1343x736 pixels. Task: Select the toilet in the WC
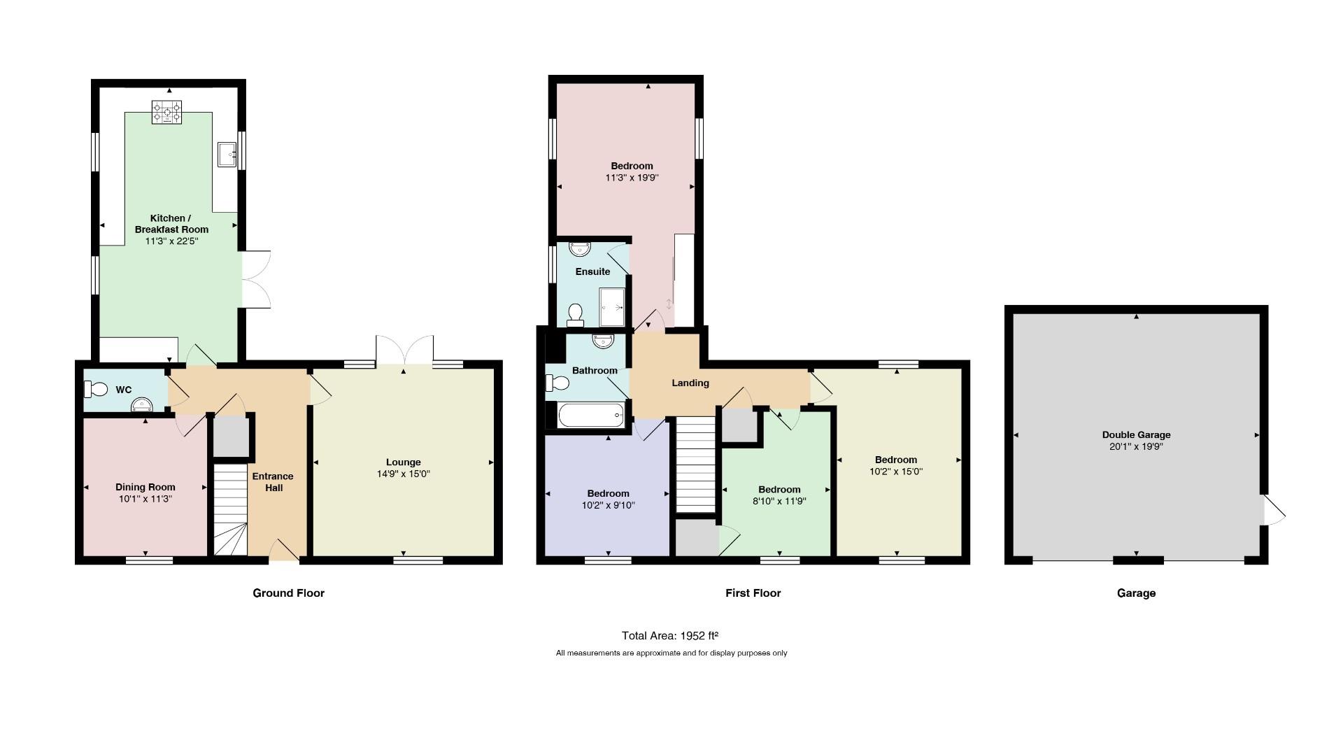[95, 389]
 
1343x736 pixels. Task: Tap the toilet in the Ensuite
[576, 315]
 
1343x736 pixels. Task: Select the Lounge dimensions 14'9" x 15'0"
[404, 474]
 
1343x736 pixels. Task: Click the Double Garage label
[1136, 434]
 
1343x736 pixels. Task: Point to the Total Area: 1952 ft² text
[670, 636]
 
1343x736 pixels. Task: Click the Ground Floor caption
[288, 593]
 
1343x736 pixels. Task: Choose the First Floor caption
[753, 593]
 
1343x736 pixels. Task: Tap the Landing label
[690, 383]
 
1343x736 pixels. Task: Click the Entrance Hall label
[273, 482]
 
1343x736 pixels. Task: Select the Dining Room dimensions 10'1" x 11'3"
[145, 499]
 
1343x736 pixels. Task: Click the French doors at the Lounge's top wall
[404, 349]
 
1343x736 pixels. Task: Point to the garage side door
[1274, 509]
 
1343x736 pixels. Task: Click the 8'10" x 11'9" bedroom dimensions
[779, 501]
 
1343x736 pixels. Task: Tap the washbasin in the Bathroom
[603, 341]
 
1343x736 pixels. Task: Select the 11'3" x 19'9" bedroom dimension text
[632, 178]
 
